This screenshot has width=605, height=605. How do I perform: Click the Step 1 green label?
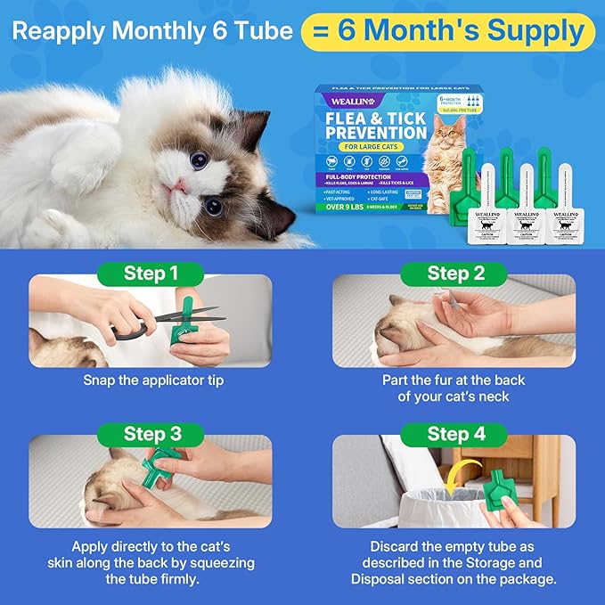click(151, 273)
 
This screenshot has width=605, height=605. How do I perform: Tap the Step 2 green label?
click(455, 273)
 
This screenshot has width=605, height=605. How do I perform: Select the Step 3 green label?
click(151, 434)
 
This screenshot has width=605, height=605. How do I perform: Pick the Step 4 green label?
click(455, 434)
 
